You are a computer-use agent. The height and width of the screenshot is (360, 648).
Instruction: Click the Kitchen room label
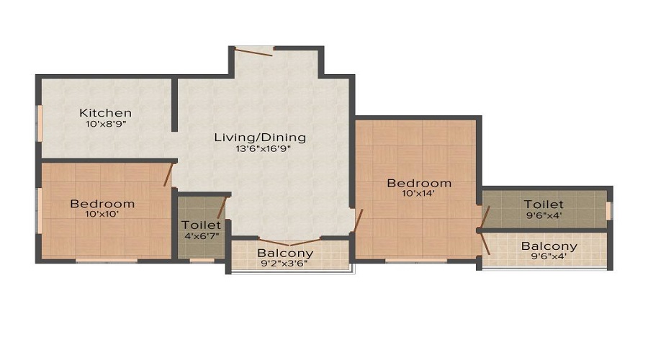point(105,113)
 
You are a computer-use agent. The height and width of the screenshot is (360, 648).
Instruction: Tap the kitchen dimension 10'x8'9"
point(105,124)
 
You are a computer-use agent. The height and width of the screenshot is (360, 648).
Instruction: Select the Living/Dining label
point(260,137)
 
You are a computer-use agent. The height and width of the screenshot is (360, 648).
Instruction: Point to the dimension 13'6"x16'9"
point(260,149)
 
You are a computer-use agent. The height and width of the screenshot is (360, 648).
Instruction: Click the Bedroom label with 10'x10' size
point(102,204)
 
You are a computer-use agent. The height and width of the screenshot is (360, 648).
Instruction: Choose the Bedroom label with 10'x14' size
point(419,183)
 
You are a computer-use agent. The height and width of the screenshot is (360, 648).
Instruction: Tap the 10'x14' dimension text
point(419,193)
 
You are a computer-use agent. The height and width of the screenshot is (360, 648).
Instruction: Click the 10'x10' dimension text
point(102,215)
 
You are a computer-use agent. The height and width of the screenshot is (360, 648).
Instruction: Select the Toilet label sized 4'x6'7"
point(201,225)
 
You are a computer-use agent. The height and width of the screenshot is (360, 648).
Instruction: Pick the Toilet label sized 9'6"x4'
point(544,204)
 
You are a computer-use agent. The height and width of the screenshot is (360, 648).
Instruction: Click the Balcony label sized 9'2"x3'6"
point(285,253)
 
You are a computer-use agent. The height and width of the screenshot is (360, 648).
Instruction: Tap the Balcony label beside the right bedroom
point(549,246)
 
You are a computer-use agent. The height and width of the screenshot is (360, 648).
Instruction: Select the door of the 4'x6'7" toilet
point(222,207)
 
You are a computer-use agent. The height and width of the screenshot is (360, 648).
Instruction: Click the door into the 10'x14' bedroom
point(358,220)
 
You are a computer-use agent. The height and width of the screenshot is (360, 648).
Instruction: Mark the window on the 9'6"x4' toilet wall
point(608,210)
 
